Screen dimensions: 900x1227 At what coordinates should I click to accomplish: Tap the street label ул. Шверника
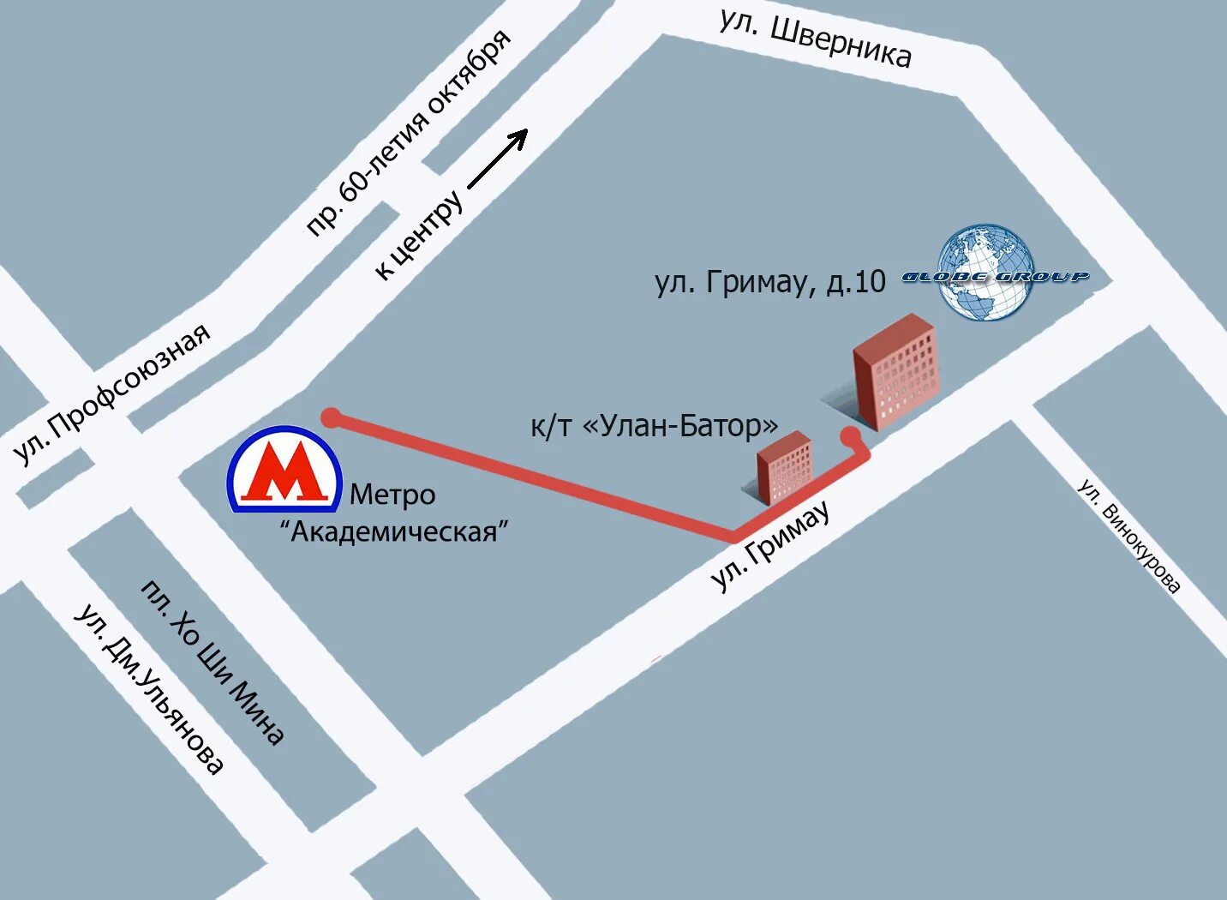[815, 39]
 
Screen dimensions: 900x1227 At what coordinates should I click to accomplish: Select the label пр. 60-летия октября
[409, 134]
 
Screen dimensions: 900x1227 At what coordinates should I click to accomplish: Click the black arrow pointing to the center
[498, 159]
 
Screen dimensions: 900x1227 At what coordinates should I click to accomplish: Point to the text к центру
[420, 236]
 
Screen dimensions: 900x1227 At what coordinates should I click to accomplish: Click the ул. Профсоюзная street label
[112, 393]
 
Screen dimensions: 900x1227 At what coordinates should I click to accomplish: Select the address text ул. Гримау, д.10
[770, 282]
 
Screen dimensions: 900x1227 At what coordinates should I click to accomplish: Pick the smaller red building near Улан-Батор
[784, 468]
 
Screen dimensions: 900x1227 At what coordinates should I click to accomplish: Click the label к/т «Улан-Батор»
[655, 425]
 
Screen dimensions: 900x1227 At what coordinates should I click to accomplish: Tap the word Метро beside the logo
[392, 495]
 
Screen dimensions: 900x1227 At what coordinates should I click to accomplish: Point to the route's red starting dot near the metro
[331, 417]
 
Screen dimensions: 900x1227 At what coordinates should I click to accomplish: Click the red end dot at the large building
[850, 436]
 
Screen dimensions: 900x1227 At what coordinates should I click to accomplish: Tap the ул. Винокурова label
[1128, 537]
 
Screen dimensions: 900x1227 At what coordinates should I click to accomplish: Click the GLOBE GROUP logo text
[995, 277]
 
